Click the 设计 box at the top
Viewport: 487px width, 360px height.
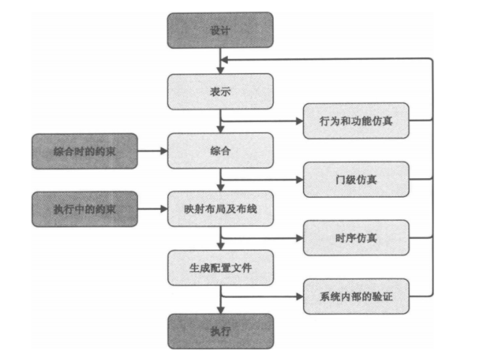(220, 30)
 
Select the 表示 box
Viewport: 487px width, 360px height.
(220, 92)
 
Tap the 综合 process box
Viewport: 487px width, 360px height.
(220, 151)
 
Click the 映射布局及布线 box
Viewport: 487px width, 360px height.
(220, 209)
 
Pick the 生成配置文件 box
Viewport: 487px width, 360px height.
(220, 268)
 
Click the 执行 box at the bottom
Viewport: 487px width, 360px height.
(220, 331)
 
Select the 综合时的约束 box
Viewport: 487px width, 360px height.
(84, 151)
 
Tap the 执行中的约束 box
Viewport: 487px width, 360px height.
(84, 209)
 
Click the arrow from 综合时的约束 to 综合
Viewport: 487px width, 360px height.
(152, 151)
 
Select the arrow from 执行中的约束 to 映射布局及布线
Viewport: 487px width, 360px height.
(152, 209)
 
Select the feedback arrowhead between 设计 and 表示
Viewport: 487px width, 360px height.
(226, 60)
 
